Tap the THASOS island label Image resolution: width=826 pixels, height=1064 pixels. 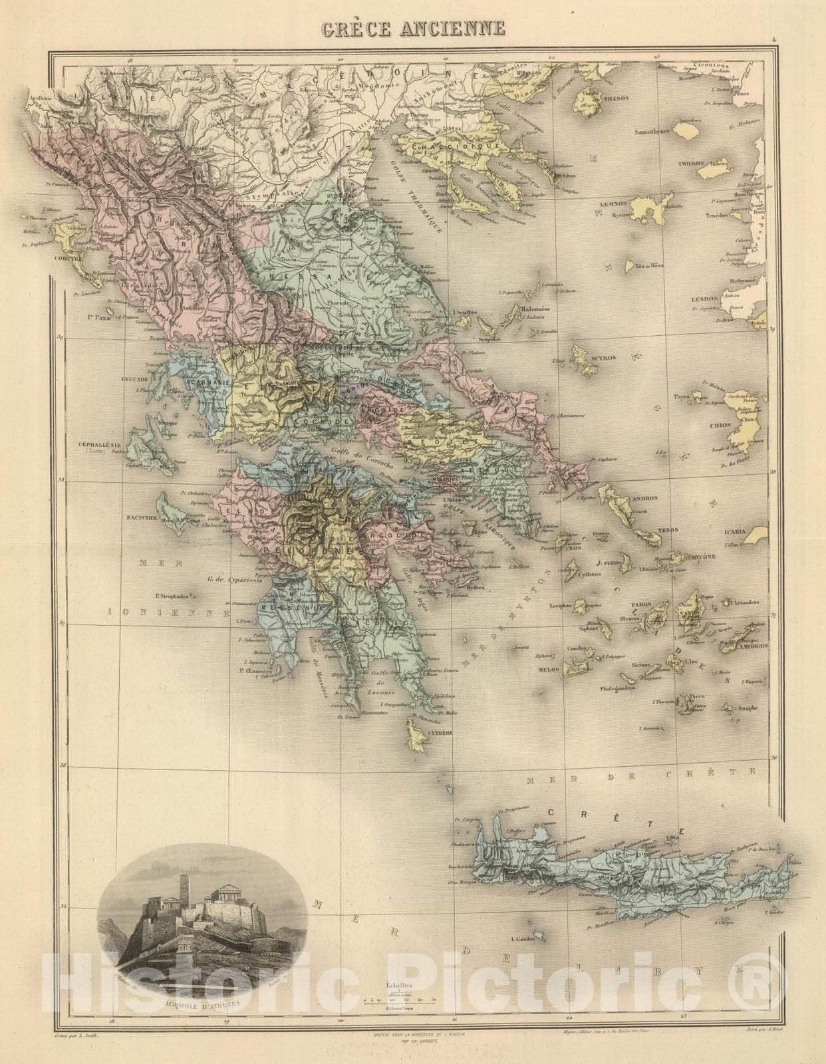point(617,98)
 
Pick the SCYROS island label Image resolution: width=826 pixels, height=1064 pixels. point(603,358)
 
